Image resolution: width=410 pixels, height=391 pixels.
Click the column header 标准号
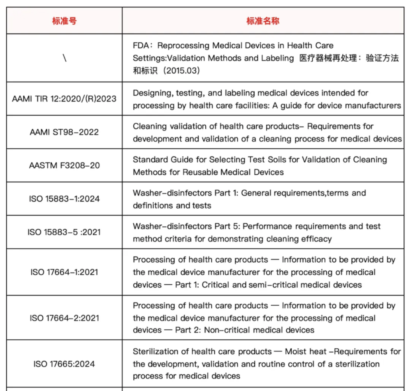64,21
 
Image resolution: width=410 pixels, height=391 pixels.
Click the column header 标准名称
263,21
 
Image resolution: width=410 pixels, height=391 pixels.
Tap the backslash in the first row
64,58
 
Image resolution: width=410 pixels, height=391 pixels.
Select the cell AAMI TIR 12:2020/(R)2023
64,99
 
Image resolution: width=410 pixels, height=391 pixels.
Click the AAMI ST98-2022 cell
64,132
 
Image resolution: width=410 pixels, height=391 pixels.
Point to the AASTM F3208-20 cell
64,166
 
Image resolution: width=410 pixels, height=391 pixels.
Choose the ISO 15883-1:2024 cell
64,199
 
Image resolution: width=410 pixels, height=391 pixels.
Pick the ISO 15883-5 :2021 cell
64,232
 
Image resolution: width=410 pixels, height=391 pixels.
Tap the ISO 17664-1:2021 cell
64,272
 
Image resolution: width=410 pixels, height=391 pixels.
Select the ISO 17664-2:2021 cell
64,318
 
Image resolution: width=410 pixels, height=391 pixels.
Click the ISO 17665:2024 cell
64,364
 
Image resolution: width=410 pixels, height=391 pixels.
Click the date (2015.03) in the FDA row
181,71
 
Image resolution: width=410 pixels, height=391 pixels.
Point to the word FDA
141,46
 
